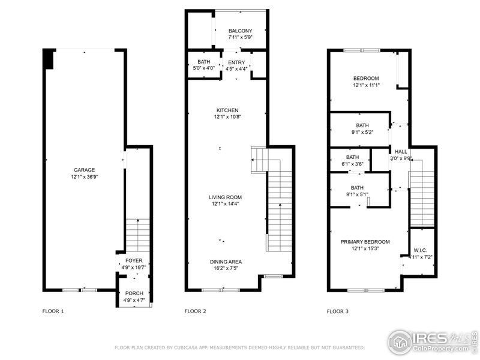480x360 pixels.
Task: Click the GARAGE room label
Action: coord(84,170)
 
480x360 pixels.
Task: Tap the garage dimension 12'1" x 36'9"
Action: coord(84,177)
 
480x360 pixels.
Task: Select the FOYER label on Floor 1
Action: coord(134,260)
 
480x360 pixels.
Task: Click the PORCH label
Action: coord(134,293)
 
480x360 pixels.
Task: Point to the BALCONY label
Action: coord(240,31)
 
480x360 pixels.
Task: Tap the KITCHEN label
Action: coord(228,110)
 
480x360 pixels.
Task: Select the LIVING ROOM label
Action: coord(225,197)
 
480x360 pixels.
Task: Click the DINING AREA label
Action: coord(226,262)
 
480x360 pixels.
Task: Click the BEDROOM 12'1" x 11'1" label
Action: coord(366,79)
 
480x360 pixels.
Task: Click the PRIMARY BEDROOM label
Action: coord(365,242)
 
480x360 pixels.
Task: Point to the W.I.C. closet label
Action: coord(420,250)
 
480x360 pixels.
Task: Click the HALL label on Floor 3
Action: coord(401,152)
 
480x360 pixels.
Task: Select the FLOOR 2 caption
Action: coord(195,311)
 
